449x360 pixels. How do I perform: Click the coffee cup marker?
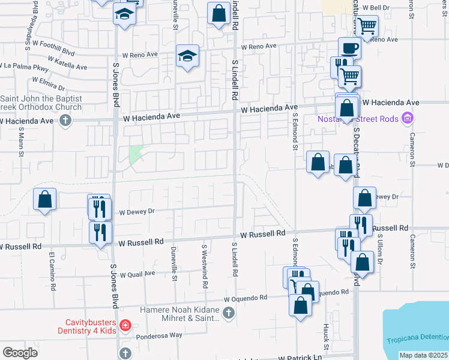[349, 48]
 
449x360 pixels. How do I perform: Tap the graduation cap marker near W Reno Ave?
[187, 56]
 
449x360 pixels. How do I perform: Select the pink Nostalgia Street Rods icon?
[408, 118]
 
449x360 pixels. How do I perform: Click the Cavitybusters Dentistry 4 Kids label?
[88, 326]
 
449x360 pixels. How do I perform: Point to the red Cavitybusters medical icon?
[125, 326]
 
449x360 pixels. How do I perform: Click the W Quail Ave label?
[137, 274]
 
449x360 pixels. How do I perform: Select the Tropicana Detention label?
[417, 340]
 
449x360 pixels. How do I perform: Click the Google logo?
[20, 353]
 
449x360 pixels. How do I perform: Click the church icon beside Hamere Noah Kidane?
[228, 312]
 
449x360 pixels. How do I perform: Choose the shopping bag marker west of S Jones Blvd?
[45, 200]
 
